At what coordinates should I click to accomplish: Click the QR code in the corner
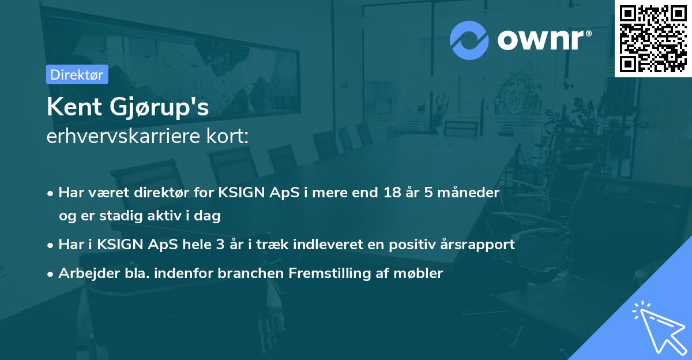coord(653,39)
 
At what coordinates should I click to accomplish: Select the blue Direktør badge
coord(77,74)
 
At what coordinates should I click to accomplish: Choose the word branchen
coord(243,273)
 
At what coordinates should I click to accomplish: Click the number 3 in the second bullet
coord(220,244)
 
